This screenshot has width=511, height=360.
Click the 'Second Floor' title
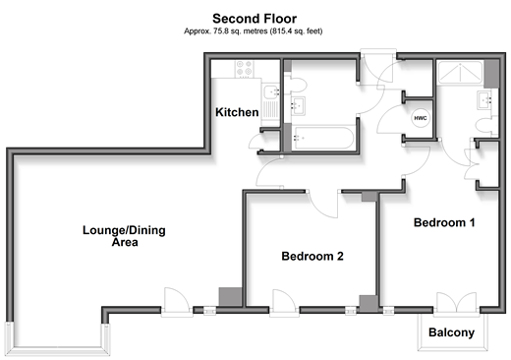pyautogui.click(x=255, y=19)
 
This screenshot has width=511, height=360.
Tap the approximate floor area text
pyautogui.click(x=254, y=31)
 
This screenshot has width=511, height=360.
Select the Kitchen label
pyautogui.click(x=237, y=112)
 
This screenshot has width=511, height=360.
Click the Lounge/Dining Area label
pyautogui.click(x=124, y=236)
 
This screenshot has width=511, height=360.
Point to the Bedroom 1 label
pyautogui.click(x=444, y=222)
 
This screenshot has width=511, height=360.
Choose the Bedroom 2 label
pyautogui.click(x=312, y=256)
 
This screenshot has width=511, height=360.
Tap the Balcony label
pyautogui.click(x=451, y=332)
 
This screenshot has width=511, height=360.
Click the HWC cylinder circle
pyautogui.click(x=421, y=118)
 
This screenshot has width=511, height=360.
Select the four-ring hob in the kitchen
pyautogui.click(x=245, y=68)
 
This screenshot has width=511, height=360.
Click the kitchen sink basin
pyautogui.click(x=271, y=91)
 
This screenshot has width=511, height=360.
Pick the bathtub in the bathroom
pyautogui.click(x=322, y=138)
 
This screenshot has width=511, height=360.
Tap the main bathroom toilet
pyautogui.click(x=297, y=85)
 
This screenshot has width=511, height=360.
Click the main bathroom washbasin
pyautogui.click(x=298, y=105)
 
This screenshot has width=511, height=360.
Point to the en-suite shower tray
pyautogui.click(x=461, y=72)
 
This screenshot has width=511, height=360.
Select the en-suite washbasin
pyautogui.click(x=484, y=100)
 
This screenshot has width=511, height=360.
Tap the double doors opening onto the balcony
pyautogui.click(x=457, y=302)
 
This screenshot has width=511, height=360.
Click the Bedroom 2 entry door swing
pyautogui.click(x=323, y=205)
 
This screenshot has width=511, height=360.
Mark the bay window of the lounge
pyautogui.click(x=58, y=350)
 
